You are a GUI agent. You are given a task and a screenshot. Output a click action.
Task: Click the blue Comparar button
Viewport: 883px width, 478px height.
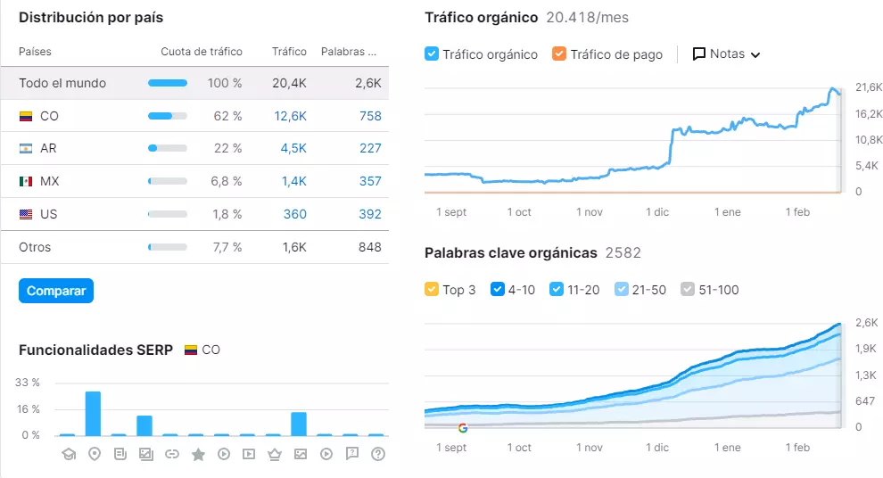(56, 291)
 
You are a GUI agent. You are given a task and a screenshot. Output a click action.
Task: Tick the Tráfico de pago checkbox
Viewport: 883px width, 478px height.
(558, 54)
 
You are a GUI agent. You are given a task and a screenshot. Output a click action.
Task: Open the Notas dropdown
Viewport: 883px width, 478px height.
(726, 54)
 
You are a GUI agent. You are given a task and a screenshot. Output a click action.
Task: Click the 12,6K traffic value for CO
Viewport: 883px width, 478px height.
(290, 116)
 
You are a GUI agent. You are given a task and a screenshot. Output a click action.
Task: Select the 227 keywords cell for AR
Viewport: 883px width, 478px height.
(370, 148)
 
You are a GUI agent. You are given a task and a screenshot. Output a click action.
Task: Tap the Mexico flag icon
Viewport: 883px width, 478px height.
(26, 181)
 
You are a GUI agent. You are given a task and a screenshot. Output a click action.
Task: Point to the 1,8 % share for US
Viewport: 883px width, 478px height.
(227, 214)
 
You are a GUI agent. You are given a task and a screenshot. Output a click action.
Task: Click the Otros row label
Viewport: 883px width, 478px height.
(35, 247)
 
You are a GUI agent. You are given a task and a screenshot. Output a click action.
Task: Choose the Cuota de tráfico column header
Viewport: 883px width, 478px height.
(202, 52)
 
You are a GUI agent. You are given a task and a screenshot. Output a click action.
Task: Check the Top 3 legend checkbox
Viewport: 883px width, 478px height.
(432, 290)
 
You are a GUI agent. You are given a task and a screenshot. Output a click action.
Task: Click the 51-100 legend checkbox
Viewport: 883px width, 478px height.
(688, 290)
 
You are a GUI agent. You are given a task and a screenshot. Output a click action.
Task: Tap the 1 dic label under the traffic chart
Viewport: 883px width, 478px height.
(657, 212)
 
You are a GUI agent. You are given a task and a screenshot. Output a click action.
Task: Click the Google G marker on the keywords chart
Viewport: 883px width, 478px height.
(463, 428)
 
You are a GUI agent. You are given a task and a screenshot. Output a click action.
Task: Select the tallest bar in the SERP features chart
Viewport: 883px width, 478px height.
(93, 414)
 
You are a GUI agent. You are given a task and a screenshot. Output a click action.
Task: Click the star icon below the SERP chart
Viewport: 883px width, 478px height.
(198, 454)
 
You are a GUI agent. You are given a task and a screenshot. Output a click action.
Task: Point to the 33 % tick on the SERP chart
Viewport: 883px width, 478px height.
(28, 383)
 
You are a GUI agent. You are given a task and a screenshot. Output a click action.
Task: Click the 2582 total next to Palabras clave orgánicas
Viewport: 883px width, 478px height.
(623, 252)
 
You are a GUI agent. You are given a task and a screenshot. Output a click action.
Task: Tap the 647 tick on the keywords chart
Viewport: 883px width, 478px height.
(864, 401)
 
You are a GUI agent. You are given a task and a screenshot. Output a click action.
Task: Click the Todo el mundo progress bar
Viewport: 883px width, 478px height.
(168, 83)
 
